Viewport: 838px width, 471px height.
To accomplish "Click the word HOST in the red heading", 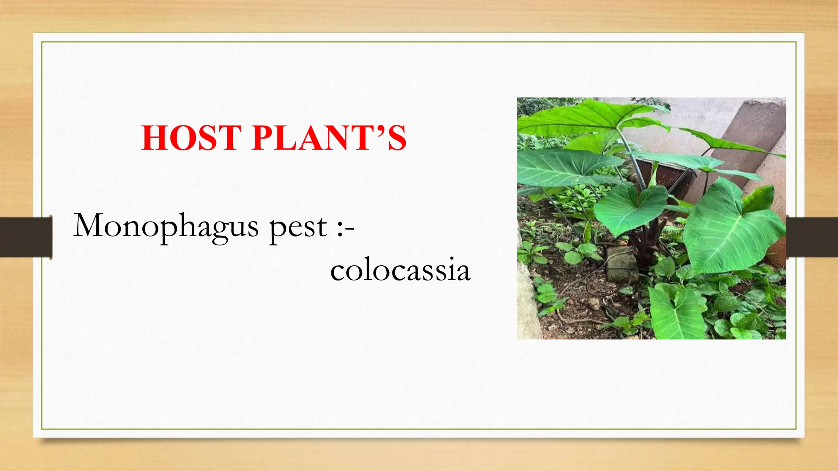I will [191, 138].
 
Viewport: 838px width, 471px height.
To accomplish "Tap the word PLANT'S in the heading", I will [329, 138].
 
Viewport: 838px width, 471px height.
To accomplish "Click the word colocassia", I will [400, 270].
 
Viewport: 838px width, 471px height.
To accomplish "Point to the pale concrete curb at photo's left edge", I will [528, 303].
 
